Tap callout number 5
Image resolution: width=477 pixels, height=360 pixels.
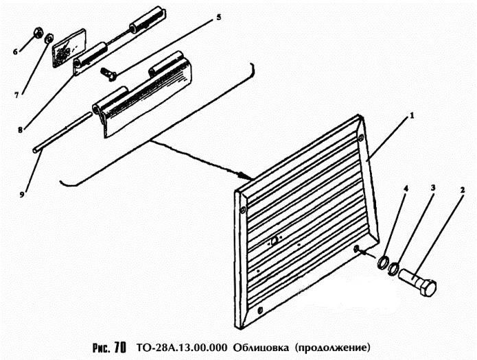click(x=432, y=187)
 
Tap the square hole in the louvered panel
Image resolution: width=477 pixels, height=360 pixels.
click(x=273, y=241)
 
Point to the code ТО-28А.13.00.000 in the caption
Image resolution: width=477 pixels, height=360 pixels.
click(x=181, y=347)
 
